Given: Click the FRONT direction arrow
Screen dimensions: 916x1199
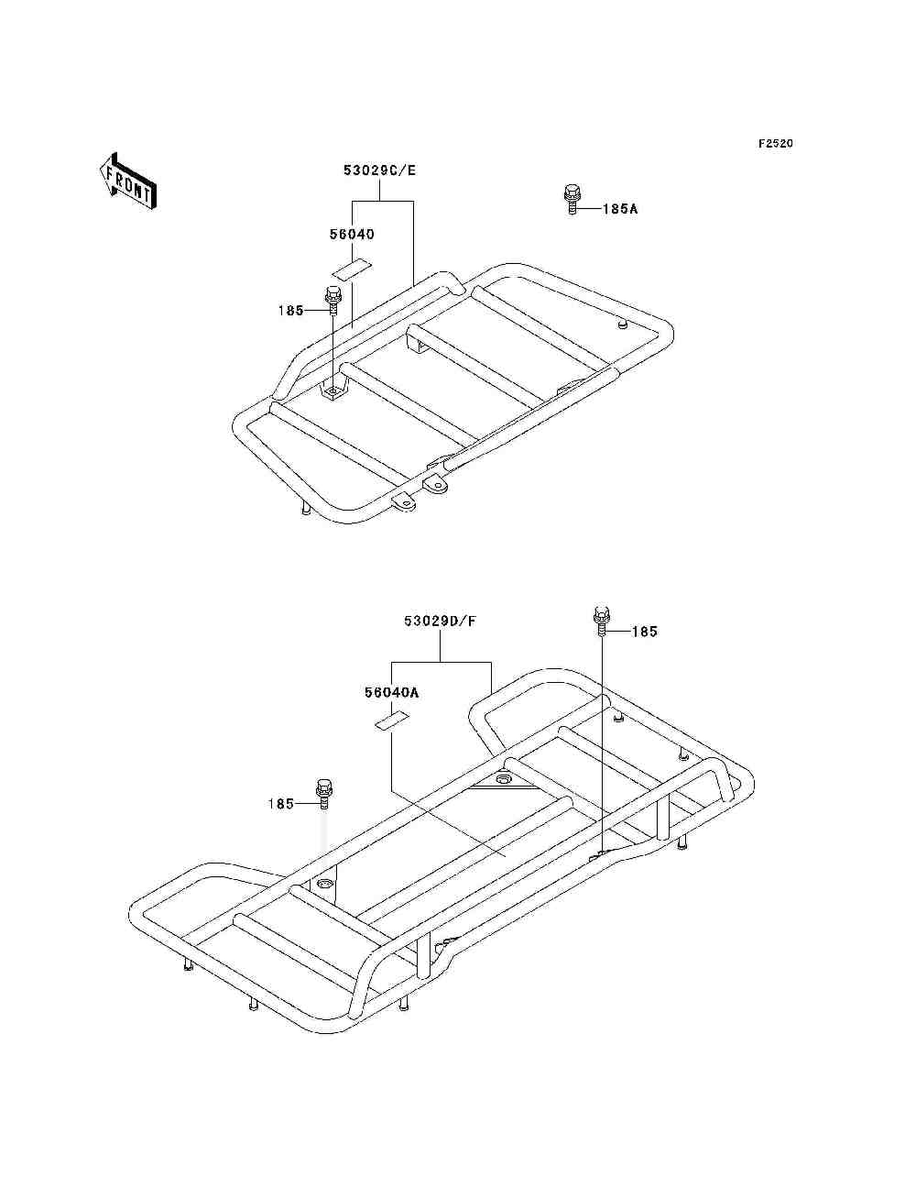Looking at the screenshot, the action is click(127, 181).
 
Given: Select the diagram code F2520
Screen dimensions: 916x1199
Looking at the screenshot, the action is click(775, 144).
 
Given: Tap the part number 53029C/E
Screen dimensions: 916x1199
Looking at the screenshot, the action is click(379, 170).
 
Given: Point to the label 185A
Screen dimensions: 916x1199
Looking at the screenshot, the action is click(620, 209).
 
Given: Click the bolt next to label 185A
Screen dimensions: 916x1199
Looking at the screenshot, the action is click(572, 200).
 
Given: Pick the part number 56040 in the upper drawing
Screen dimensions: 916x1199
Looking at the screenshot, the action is click(352, 234).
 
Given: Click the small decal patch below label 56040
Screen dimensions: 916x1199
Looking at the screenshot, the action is click(353, 269).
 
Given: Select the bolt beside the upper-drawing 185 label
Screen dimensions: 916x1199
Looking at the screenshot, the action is click(333, 301).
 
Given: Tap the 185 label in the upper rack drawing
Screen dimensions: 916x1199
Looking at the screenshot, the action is click(290, 310).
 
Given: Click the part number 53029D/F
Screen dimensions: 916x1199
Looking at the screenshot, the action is click(440, 621).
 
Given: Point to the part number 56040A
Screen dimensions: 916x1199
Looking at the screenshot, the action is click(391, 693).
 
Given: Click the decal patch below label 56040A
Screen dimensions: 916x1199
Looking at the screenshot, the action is click(391, 720).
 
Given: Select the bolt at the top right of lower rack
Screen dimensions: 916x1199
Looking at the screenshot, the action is click(600, 621).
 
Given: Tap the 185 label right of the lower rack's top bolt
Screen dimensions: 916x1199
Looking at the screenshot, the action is click(645, 632).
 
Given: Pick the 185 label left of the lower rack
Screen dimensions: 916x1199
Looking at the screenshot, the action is click(280, 804).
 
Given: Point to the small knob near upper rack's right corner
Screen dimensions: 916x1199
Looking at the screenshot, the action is click(621, 325).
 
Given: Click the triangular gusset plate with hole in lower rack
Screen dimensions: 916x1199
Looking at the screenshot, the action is click(503, 779).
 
